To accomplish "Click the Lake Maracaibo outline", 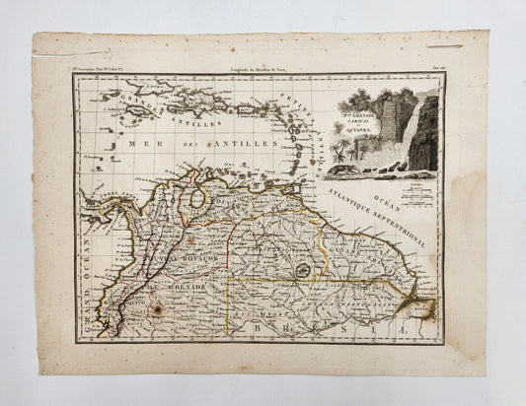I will [201, 198].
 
